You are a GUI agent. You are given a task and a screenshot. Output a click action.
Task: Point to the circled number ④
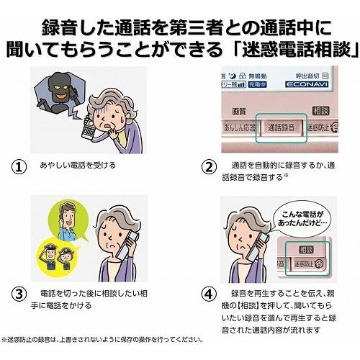click(x=207, y=294)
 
